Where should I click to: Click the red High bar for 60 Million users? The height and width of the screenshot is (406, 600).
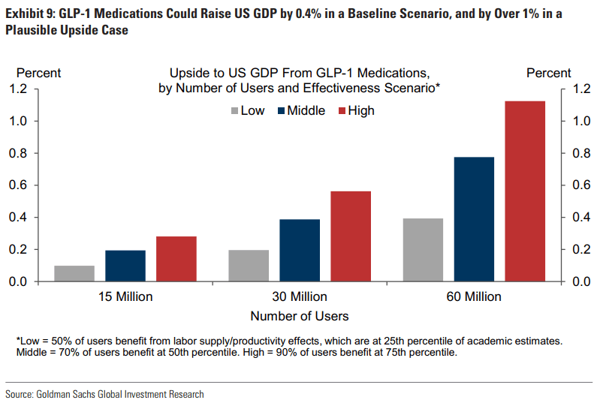[x=525, y=191]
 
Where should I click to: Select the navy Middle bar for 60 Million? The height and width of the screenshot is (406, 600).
[x=474, y=219]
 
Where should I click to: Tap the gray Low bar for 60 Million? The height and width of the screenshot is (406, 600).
[x=423, y=250]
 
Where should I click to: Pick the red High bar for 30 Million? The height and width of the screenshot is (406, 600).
[x=351, y=236]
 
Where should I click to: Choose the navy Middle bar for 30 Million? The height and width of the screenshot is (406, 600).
[x=300, y=251]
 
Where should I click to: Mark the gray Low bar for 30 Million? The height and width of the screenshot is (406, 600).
[x=249, y=266]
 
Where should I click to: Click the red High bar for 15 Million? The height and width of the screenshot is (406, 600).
[x=176, y=259]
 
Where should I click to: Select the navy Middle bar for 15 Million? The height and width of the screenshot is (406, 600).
[x=125, y=266]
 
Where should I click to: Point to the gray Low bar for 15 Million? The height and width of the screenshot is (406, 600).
[x=74, y=274]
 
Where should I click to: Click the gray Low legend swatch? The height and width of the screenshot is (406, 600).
[x=234, y=111]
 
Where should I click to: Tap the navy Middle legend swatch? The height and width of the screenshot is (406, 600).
[x=282, y=111]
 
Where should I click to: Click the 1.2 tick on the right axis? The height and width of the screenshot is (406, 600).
[x=581, y=89]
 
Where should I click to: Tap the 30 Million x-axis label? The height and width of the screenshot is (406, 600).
[x=300, y=296]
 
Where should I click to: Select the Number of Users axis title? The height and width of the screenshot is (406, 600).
[x=300, y=316]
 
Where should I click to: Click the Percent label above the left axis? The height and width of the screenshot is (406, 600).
[x=38, y=73]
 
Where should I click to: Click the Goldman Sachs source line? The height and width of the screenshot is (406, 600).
[x=104, y=394]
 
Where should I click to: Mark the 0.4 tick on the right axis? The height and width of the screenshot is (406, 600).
[x=581, y=218]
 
